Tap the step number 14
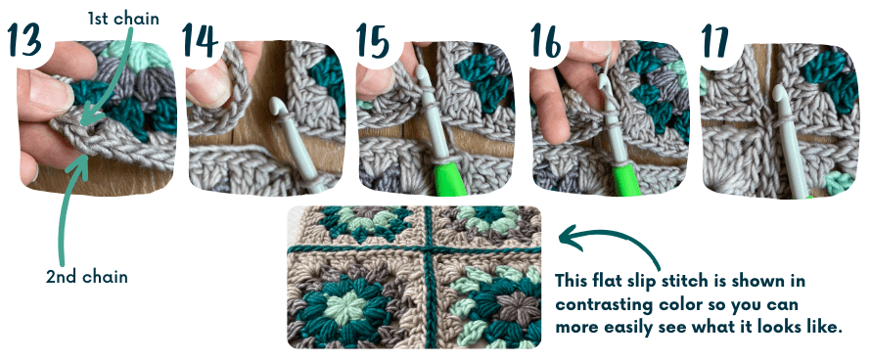click(x=202, y=42)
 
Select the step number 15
click(x=374, y=42)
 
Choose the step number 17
click(x=718, y=42)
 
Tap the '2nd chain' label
click(x=86, y=277)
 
